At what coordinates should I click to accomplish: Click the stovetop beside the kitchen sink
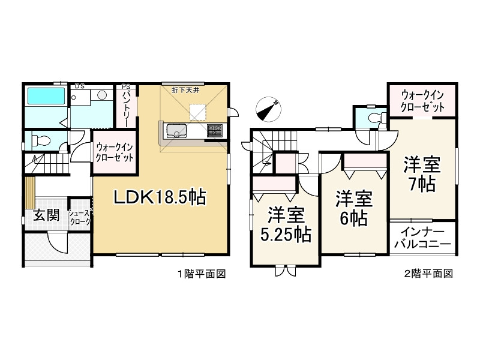coord(215,130)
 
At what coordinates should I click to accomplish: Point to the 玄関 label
coord(46,215)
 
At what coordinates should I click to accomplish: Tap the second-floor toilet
coord(375,117)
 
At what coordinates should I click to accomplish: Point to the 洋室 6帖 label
coord(353,207)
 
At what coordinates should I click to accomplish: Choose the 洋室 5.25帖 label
coord(284,224)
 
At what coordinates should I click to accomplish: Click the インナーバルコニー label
coord(422,238)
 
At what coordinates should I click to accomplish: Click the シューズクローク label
coord(79,217)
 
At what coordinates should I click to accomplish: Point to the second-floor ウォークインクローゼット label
coord(423,101)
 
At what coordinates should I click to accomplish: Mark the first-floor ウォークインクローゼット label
coord(114,153)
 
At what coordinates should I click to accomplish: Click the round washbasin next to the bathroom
coord(102,95)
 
